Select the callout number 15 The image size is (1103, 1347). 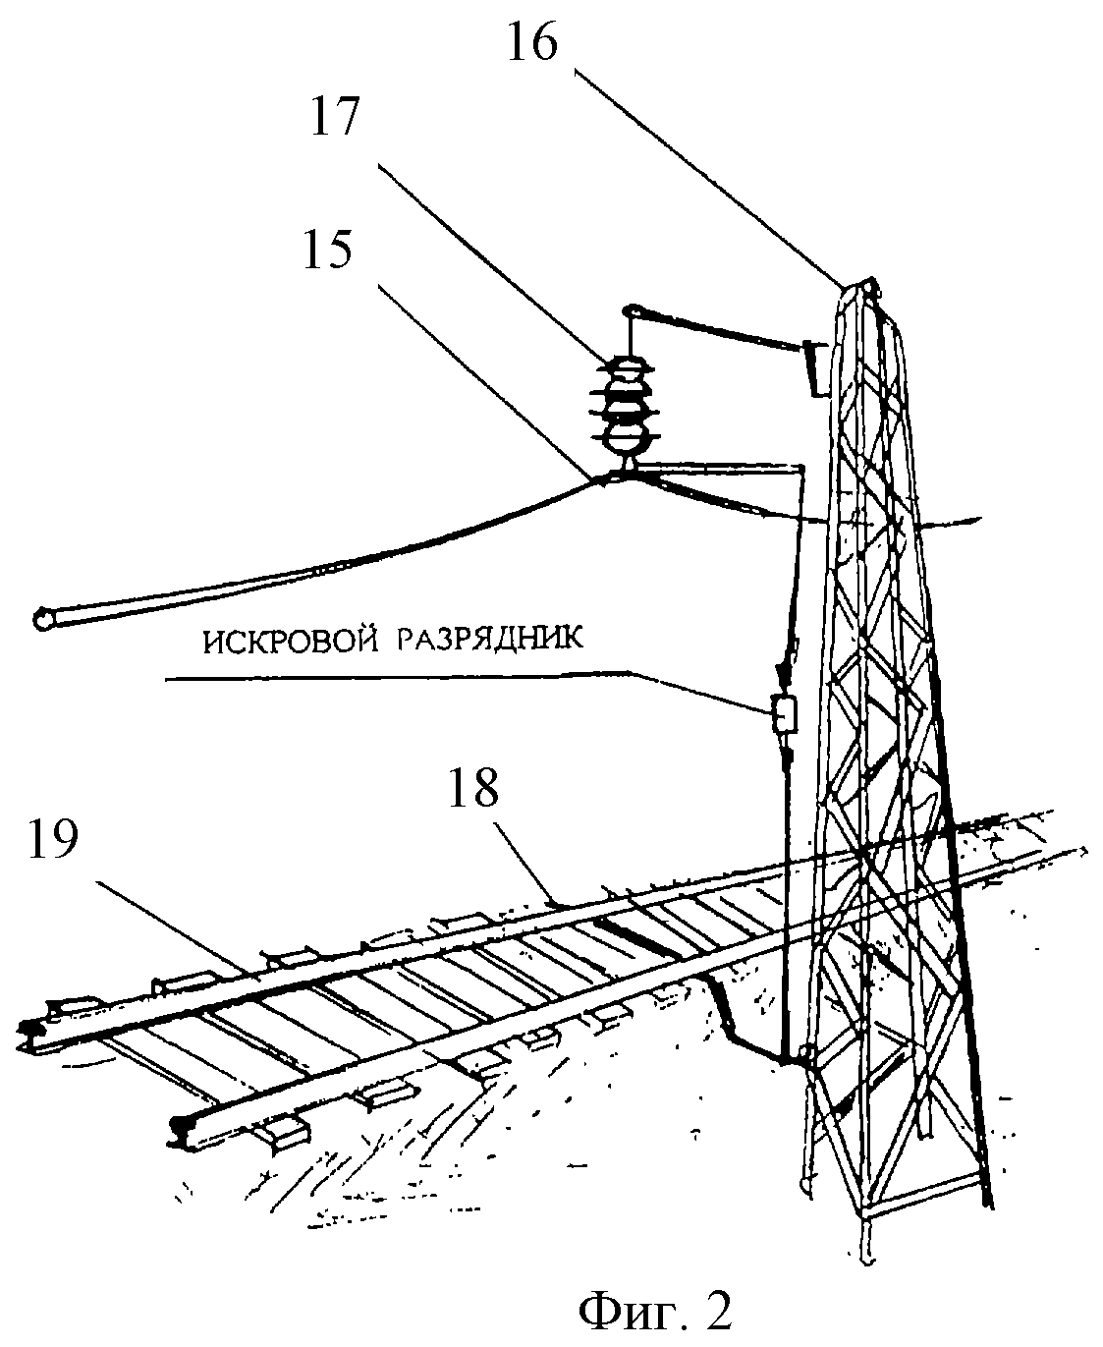click(x=327, y=250)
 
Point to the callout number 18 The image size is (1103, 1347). click(x=472, y=788)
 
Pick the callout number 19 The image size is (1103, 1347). click(x=52, y=839)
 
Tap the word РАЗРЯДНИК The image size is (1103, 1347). click(x=490, y=639)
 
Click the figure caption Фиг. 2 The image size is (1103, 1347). click(x=655, y=1310)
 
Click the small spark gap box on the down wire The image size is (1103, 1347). click(x=785, y=714)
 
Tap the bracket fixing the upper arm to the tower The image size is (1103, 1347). click(x=813, y=369)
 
